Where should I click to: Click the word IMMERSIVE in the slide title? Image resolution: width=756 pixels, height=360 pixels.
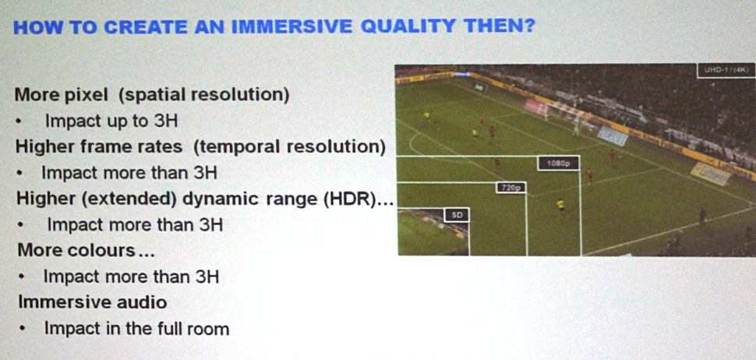291,27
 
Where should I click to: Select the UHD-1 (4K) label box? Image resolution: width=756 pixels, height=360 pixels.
726,70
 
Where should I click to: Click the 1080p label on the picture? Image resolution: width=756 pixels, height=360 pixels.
558,164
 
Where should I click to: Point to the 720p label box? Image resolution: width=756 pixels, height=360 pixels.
510,188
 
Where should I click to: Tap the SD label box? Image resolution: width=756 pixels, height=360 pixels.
456,215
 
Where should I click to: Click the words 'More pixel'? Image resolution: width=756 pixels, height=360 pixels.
62,95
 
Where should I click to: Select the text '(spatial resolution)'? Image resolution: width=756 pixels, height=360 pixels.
204,95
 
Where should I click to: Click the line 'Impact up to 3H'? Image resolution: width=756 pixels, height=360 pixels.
111,121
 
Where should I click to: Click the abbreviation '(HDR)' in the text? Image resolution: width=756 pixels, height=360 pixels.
348,199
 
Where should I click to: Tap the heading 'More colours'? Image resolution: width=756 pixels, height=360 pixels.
76,251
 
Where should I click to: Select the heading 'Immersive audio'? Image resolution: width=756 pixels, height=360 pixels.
93,302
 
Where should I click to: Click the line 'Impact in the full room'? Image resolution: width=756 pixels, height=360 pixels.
136,329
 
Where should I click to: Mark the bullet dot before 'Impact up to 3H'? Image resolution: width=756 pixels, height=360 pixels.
19,122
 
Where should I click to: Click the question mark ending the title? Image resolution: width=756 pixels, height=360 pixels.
528,26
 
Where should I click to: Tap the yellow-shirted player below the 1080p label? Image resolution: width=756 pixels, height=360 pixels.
560,205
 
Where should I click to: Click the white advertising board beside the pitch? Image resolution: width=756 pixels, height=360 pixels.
613,136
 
